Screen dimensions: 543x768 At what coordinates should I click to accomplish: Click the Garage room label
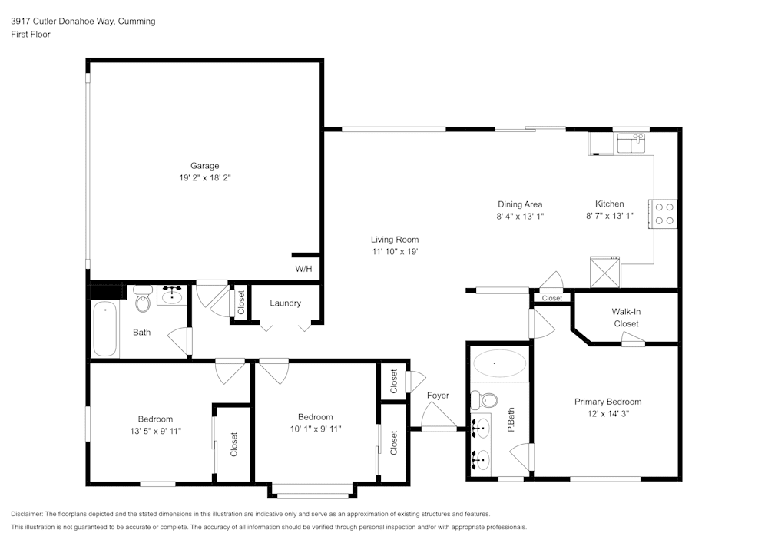(205, 166)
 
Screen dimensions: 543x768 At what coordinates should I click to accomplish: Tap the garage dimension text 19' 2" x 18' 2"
(205, 177)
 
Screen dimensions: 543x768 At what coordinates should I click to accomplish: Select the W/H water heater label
(303, 269)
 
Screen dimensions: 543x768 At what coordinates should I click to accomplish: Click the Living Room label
(395, 240)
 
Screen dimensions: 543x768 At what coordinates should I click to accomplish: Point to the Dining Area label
(520, 204)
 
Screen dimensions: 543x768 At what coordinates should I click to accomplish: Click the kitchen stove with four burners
(665, 214)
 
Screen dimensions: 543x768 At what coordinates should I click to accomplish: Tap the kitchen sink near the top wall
(632, 143)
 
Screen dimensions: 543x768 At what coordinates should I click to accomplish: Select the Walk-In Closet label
(626, 317)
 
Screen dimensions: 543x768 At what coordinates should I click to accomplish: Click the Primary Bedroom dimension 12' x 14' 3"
(607, 414)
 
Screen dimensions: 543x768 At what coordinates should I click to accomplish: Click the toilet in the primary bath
(485, 400)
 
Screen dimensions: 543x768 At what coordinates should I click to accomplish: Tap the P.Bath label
(511, 420)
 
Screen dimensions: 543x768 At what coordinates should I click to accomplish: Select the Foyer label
(438, 396)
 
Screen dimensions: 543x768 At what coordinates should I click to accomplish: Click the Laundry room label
(285, 303)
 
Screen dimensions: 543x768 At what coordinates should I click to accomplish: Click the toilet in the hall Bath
(142, 300)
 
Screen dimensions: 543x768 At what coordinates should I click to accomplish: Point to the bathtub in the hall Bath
(105, 329)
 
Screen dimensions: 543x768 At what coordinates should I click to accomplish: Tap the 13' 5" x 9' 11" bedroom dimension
(155, 431)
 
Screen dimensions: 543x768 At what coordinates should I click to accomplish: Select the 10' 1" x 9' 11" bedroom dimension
(316, 429)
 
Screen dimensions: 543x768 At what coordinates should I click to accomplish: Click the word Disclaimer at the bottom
(27, 514)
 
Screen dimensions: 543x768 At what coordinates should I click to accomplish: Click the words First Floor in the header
(31, 35)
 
